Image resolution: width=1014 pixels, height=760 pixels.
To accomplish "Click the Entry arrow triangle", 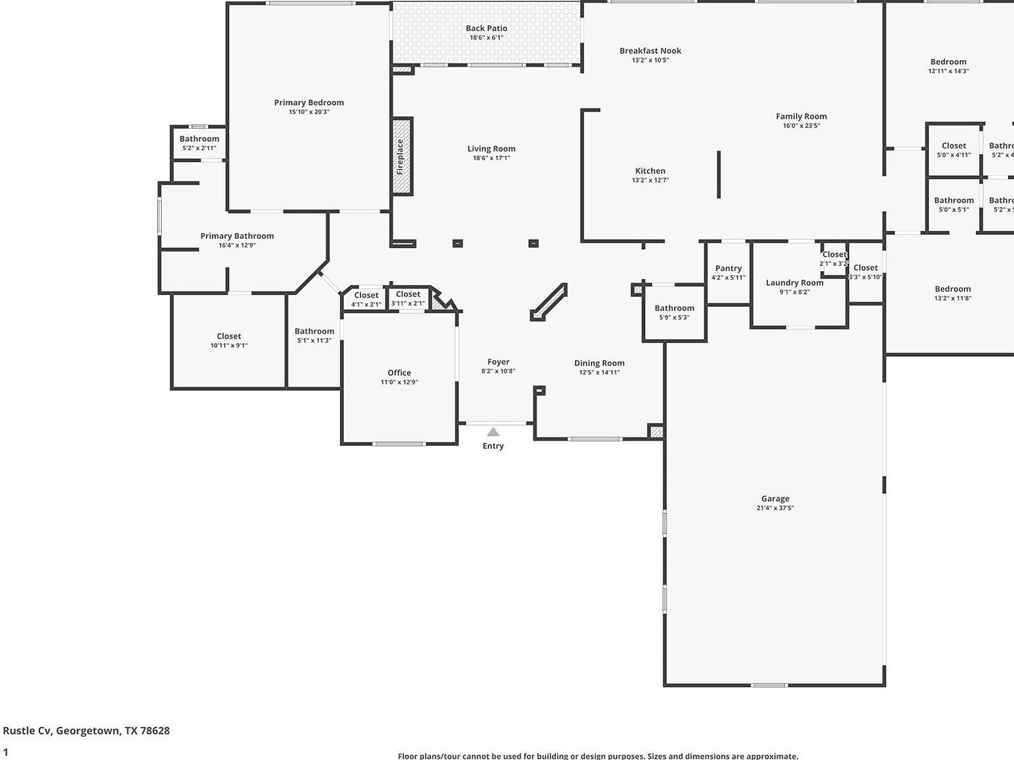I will click(x=493, y=432).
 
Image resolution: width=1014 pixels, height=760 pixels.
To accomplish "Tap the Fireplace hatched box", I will click(x=402, y=156).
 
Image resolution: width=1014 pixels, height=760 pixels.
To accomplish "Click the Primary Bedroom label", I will click(x=309, y=102).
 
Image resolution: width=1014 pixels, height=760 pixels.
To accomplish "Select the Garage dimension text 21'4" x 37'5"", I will click(x=775, y=508).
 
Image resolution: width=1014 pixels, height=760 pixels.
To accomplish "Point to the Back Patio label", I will click(x=487, y=28).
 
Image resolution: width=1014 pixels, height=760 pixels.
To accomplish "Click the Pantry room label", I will click(x=728, y=268).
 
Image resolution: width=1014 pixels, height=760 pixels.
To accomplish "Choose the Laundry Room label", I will click(x=794, y=282).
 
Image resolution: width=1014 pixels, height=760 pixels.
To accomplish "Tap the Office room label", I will click(x=399, y=373).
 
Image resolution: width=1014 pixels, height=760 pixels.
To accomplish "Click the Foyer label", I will click(x=498, y=362).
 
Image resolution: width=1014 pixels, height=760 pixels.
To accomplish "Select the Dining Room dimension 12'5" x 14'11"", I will click(x=599, y=372).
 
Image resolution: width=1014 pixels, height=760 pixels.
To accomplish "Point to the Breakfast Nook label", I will click(x=650, y=51).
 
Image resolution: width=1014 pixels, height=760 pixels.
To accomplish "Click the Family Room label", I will click(x=801, y=116).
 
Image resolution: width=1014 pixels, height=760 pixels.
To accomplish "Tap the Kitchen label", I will click(x=650, y=171).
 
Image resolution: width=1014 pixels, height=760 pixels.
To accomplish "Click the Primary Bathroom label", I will click(x=237, y=236).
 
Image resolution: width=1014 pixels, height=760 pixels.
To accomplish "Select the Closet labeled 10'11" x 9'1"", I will click(x=229, y=336).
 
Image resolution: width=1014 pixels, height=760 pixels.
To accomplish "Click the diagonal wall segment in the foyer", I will click(x=549, y=302).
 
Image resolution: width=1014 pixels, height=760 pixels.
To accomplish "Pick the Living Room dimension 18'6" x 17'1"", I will click(x=491, y=158).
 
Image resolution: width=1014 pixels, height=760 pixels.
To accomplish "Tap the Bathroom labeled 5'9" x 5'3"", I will click(x=674, y=308).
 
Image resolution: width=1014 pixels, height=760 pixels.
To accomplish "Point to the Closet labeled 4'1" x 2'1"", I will click(x=366, y=296).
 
